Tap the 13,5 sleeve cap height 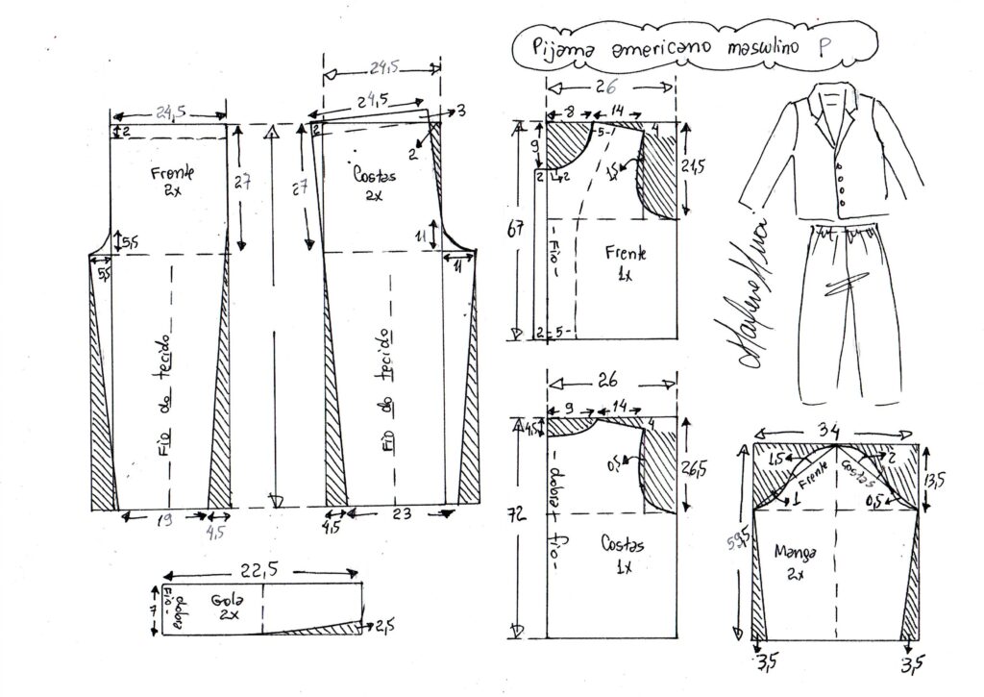pyautogui.click(x=947, y=478)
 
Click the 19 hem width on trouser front pyautogui.click(x=165, y=519)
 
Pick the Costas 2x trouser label pyautogui.click(x=371, y=184)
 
